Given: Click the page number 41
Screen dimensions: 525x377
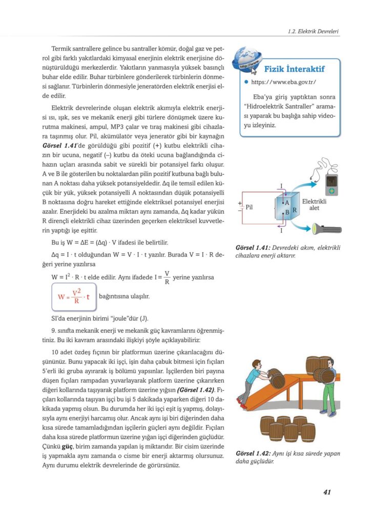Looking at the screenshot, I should [x=327, y=492].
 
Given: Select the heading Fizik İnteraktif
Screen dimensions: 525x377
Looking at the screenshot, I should [x=294, y=69].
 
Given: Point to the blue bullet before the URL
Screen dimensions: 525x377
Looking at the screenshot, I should [x=246, y=82].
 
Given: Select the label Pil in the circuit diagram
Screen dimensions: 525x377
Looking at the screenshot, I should [x=249, y=208].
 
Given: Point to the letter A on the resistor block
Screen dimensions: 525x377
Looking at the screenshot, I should [x=287, y=203].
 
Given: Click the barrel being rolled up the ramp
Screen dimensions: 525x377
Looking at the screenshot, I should [x=277, y=378].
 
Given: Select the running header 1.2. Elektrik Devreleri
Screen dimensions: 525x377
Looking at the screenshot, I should [x=313, y=32].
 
